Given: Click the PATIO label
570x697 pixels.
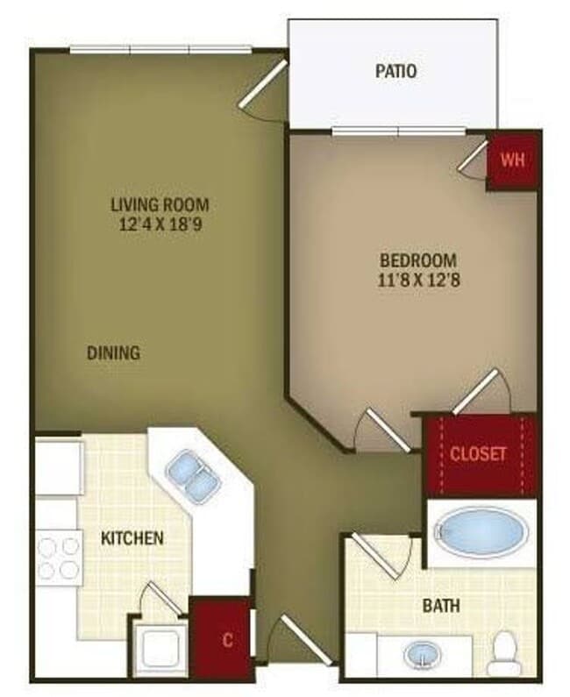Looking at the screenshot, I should pyautogui.click(x=395, y=71).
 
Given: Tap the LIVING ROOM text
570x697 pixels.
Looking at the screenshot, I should pyautogui.click(x=160, y=204).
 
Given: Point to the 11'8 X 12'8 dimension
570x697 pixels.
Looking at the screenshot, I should pyautogui.click(x=418, y=280).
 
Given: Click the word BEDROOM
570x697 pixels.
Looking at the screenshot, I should pyautogui.click(x=418, y=260).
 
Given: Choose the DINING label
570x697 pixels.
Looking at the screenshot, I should pyautogui.click(x=113, y=353).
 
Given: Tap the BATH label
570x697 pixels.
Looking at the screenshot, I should pyautogui.click(x=441, y=605).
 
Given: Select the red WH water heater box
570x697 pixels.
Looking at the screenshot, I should pyautogui.click(x=511, y=161).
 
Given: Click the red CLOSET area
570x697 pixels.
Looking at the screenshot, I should pyautogui.click(x=479, y=454).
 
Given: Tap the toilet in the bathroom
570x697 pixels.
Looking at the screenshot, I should pyautogui.click(x=504, y=651).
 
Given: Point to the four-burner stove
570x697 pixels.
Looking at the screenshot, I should pyautogui.click(x=59, y=559).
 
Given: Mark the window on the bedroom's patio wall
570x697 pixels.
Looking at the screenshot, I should pyautogui.click(x=399, y=132).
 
